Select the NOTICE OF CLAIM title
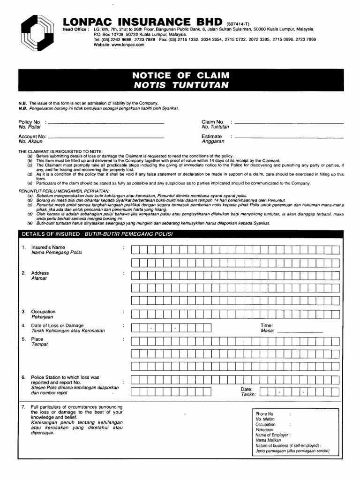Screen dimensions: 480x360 pos(181,75)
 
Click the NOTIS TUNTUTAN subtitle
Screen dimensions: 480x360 pos(181,85)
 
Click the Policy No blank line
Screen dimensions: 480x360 pos(106,123)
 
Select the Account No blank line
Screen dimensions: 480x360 pos(106,138)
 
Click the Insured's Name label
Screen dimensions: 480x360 pos(48,247)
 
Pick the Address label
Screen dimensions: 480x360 pos(40,273)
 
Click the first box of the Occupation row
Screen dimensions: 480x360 pos(135,314)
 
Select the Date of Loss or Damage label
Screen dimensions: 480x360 pos(57,325)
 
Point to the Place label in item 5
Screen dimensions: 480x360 pos(37,339)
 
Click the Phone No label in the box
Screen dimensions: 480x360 pos(264,414)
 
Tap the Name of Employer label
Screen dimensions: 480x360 pos(271,435)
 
